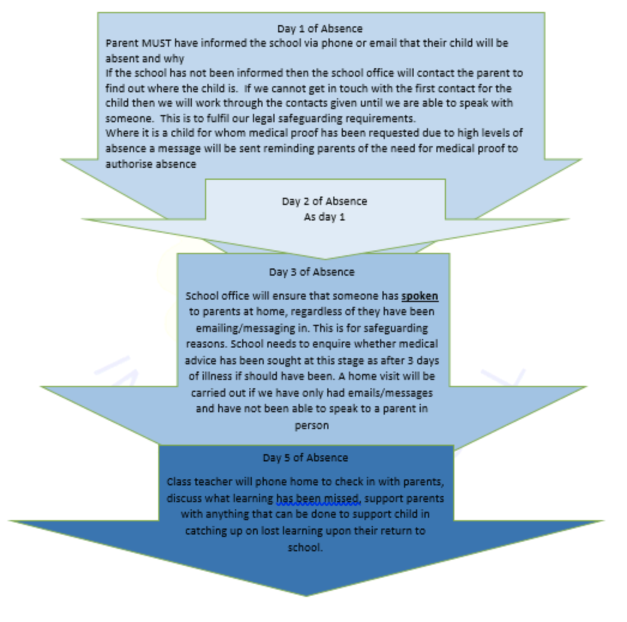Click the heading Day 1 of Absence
[x=320, y=28]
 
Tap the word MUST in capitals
[x=156, y=43]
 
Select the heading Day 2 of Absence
[x=324, y=201]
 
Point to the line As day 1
[x=324, y=217]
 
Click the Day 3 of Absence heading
[x=312, y=272]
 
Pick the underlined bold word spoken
[x=420, y=296]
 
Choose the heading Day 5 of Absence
[x=305, y=457]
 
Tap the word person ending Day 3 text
[x=312, y=425]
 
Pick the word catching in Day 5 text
[x=202, y=532]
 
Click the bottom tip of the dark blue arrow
[x=306, y=596]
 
